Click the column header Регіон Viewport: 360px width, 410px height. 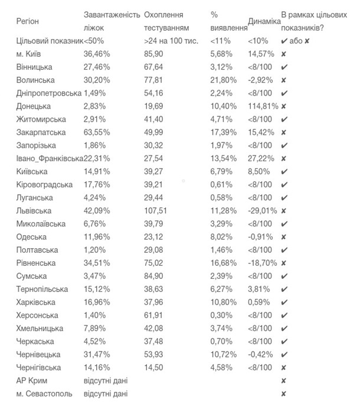point(28,21)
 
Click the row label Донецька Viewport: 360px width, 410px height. point(34,106)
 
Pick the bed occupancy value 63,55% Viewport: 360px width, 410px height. point(97,132)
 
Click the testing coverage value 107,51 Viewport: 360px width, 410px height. point(156,211)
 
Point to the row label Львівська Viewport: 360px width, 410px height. point(34,211)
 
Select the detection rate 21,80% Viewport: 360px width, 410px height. point(223,80)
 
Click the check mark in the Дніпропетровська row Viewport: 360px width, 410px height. point(284,93)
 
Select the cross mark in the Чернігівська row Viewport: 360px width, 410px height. point(284,367)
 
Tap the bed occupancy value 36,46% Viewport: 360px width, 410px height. point(97,54)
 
